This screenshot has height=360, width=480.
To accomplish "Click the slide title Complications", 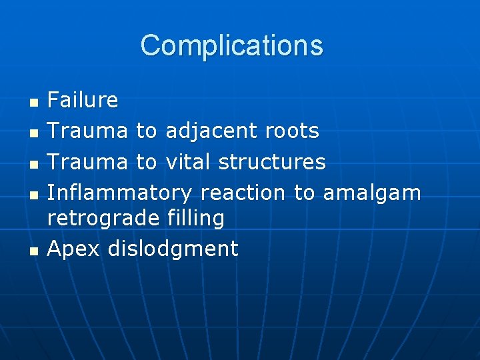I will [x=231, y=45].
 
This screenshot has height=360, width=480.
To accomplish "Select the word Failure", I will [x=83, y=101].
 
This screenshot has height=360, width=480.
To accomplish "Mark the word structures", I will [x=272, y=162].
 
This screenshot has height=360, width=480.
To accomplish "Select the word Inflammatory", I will [x=119, y=193].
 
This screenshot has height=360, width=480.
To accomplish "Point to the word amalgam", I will [x=372, y=193].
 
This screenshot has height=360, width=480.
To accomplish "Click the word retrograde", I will [x=103, y=218].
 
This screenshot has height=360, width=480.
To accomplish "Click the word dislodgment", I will [x=173, y=249].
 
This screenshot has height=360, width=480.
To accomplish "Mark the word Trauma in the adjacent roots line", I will [x=88, y=131].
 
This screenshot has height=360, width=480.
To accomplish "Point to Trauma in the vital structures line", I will [x=88, y=162].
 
